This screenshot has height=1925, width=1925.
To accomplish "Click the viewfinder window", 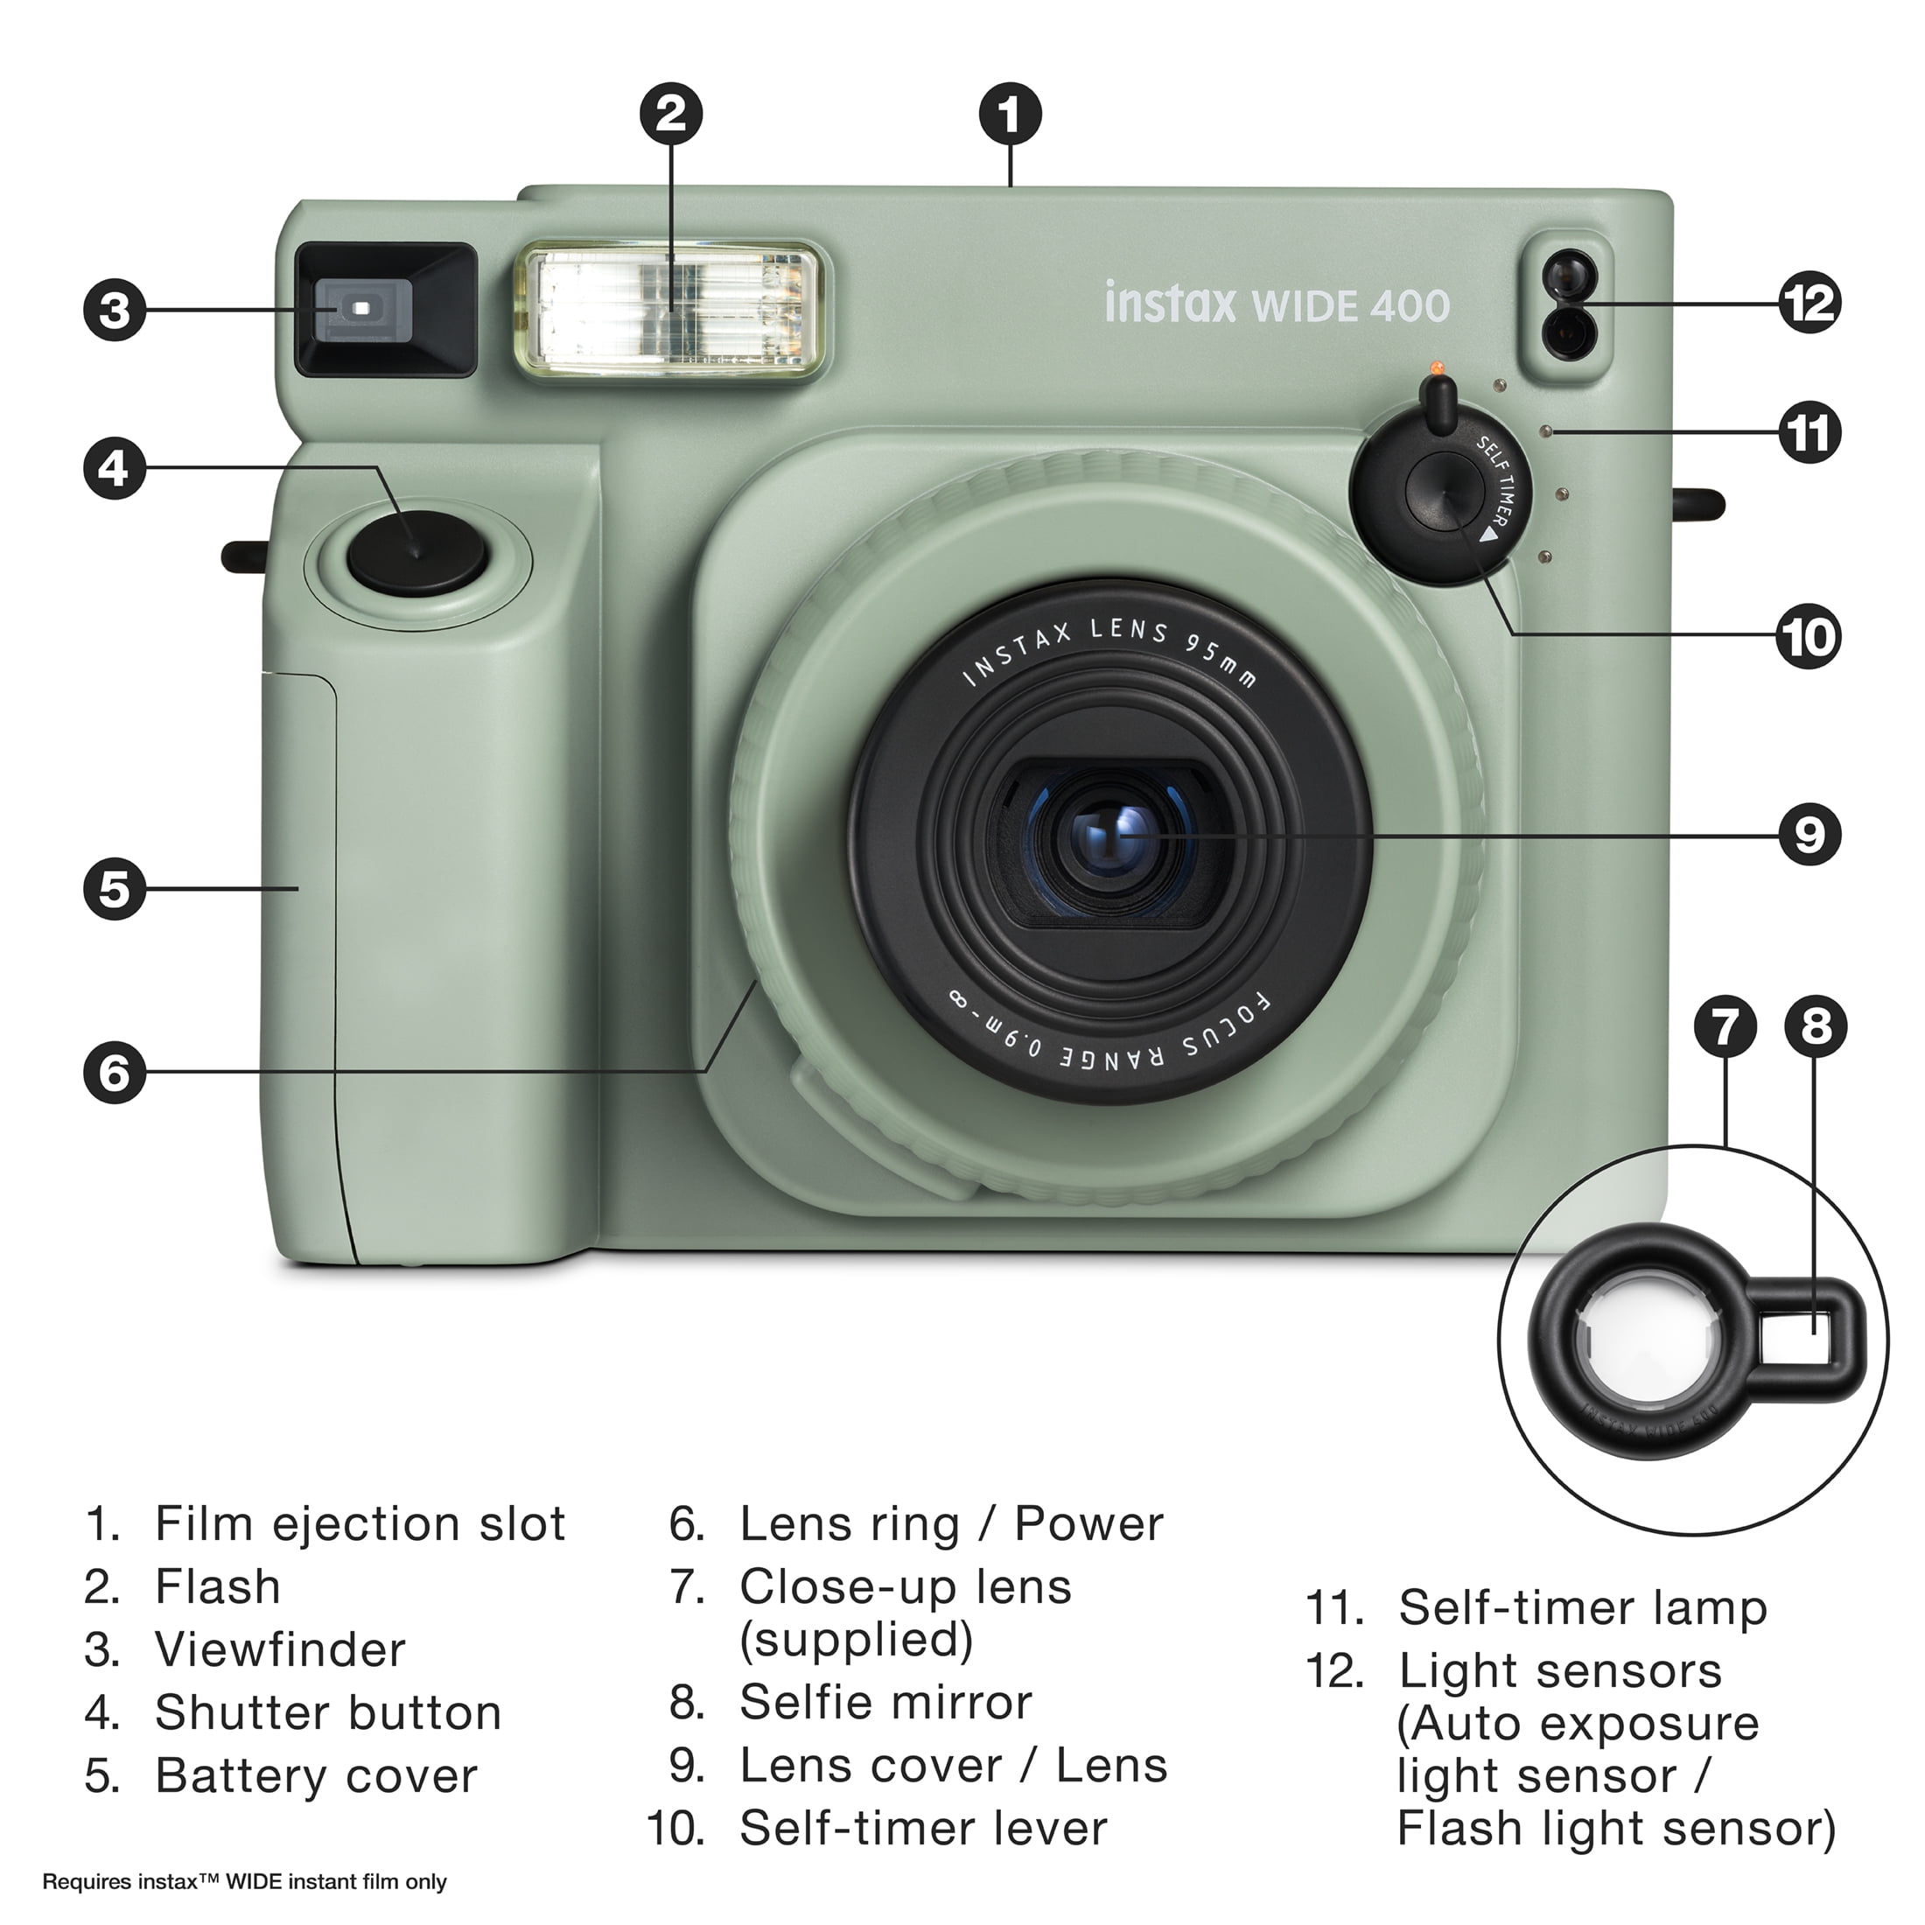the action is click(x=386, y=310).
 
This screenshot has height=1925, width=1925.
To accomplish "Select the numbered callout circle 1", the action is click(x=1011, y=114).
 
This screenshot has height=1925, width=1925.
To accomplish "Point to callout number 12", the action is click(x=1810, y=302).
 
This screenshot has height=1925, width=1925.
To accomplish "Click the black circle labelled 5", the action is click(x=115, y=888).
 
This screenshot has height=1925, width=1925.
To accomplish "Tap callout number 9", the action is click(x=1810, y=835).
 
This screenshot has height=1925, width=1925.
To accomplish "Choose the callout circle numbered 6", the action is click(x=115, y=1073).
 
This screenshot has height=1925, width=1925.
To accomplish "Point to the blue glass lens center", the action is click(x=1108, y=837).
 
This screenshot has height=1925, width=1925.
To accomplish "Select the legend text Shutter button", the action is click(x=328, y=1712).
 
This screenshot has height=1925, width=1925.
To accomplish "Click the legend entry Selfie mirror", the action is click(x=885, y=1701).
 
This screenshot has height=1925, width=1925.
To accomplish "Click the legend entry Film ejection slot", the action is click(x=360, y=1523).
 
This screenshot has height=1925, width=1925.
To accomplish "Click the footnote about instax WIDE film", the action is click(x=244, y=1881).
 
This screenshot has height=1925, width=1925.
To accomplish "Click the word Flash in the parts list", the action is click(x=218, y=1586).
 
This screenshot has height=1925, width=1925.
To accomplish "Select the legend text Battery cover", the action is click(x=316, y=1774).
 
